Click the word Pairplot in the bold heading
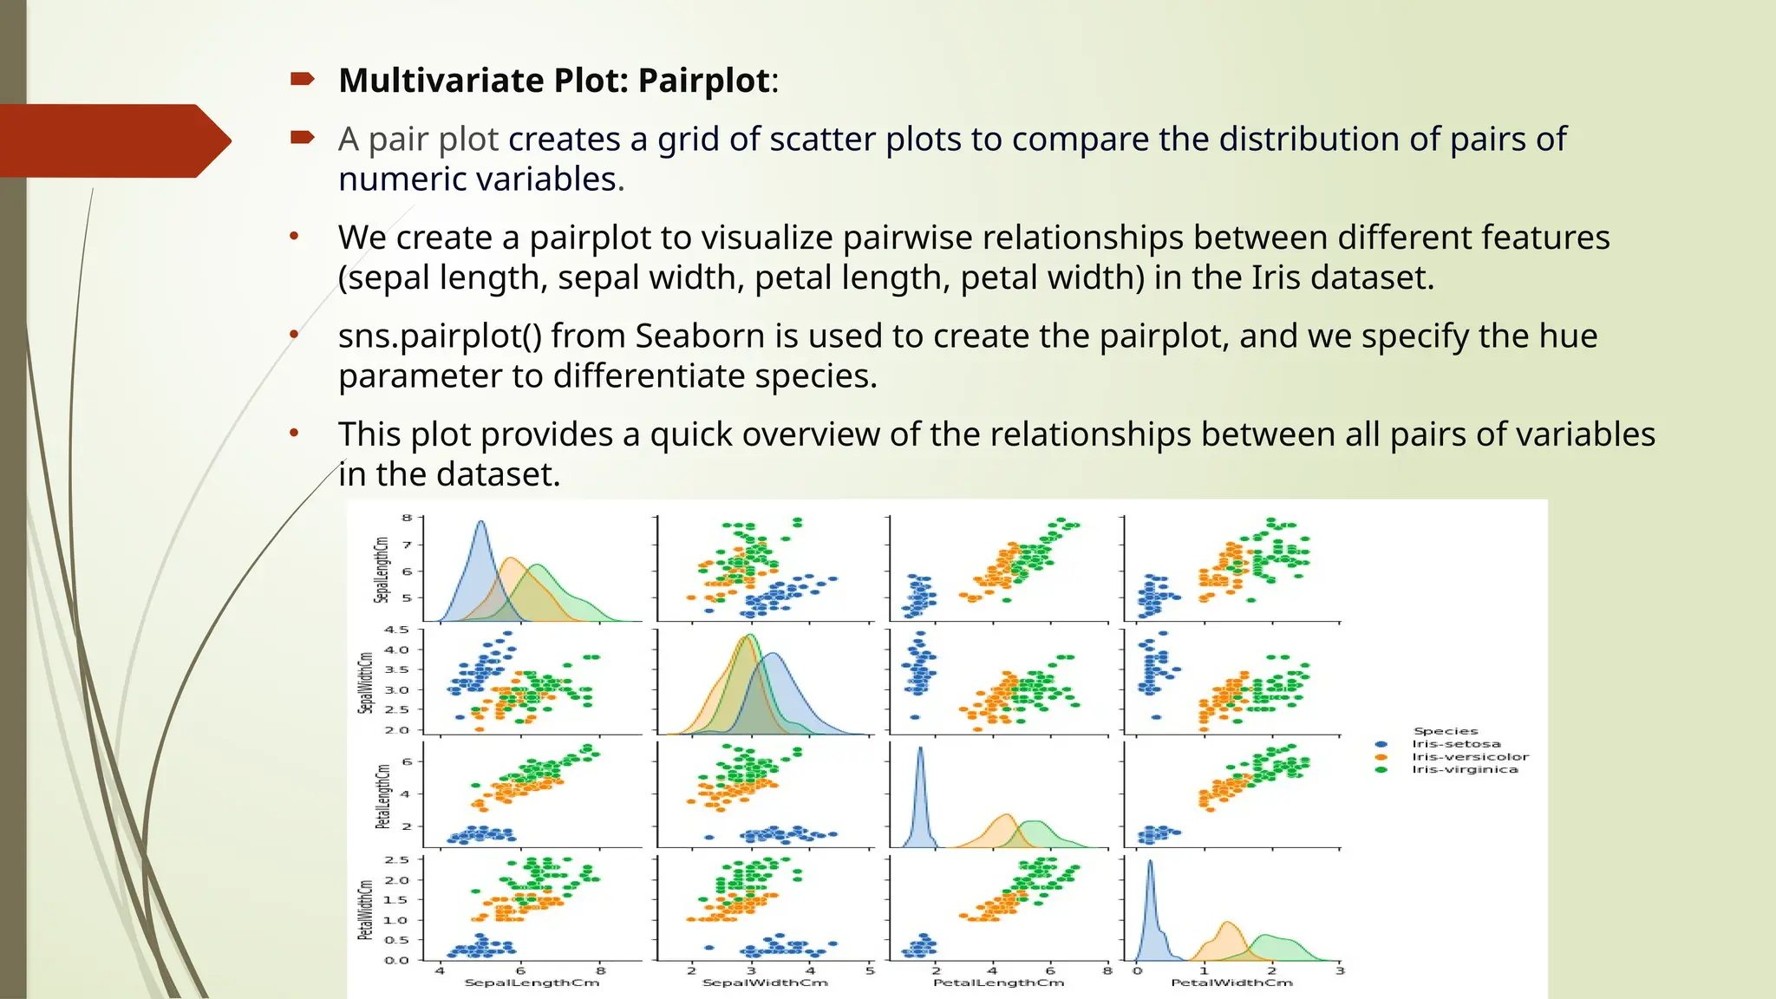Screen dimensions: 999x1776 coord(703,81)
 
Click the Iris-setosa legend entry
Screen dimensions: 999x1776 coord(1455,744)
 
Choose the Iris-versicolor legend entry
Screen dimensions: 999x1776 coord(1470,757)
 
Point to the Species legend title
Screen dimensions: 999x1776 coord(1446,731)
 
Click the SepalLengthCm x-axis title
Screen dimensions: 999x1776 coord(532,983)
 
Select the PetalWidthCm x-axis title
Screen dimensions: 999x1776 coord(1231,983)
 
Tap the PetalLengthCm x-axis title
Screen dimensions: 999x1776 coord(998,983)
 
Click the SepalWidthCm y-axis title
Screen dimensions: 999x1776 coord(365,683)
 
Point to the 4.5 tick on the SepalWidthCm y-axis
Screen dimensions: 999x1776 coord(396,630)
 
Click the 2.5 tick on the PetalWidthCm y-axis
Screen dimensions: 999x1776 coord(396,860)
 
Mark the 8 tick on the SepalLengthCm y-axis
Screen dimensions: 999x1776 coord(407,518)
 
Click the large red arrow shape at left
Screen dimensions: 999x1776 coord(113,140)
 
